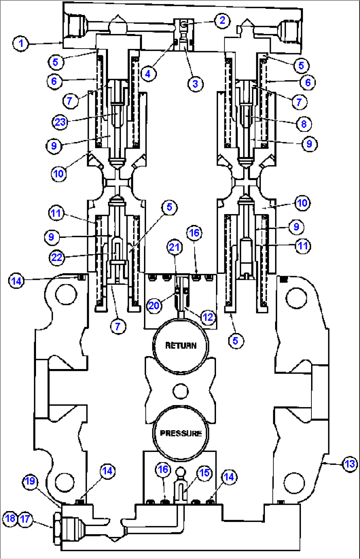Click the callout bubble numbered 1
pyautogui.click(x=21, y=43)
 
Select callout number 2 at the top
pyautogui.click(x=222, y=20)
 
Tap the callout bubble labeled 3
pyautogui.click(x=195, y=84)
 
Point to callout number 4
pyautogui.click(x=148, y=74)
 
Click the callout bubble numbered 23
pyautogui.click(x=60, y=122)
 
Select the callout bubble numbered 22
pyautogui.click(x=57, y=257)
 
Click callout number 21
pyautogui.click(x=174, y=247)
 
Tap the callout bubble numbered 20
pyautogui.click(x=154, y=305)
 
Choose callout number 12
pyautogui.click(x=208, y=317)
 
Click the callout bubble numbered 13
pyautogui.click(x=350, y=464)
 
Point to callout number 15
pyautogui.click(x=204, y=473)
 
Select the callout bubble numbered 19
pyautogui.click(x=30, y=481)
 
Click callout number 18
pyautogui.click(x=10, y=518)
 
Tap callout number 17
pyautogui.click(x=25, y=519)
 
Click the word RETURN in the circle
pyautogui.click(x=181, y=346)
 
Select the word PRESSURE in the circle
pyautogui.click(x=181, y=433)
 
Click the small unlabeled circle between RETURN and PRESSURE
pyautogui.click(x=180, y=391)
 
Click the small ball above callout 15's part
pyautogui.click(x=181, y=471)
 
